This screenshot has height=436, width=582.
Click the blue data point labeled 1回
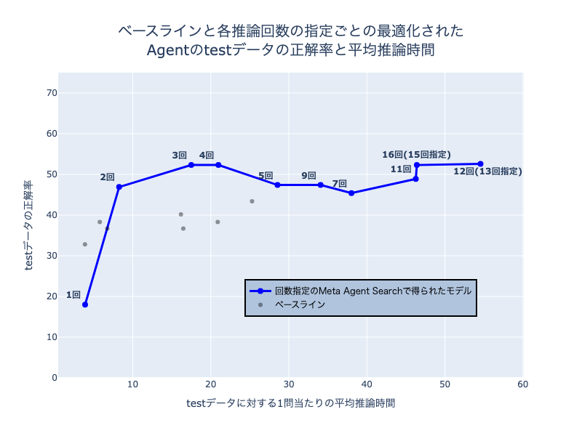pyautogui.click(x=85, y=304)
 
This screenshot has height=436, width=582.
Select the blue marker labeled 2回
pyautogui.click(x=119, y=187)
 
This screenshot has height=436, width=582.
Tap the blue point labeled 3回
pyautogui.click(x=191, y=165)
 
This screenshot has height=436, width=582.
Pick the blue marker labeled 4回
pyautogui.click(x=218, y=165)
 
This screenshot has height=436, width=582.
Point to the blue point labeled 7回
pyautogui.click(x=351, y=193)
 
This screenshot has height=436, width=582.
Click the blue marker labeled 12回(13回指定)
pyautogui.click(x=480, y=164)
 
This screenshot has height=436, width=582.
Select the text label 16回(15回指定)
pyautogui.click(x=416, y=155)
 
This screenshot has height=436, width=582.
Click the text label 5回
pyautogui.click(x=266, y=176)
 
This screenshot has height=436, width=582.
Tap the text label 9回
pyautogui.click(x=308, y=176)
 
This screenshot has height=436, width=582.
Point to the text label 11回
pyautogui.click(x=401, y=169)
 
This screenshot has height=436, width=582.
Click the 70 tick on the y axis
pyautogui.click(x=52, y=93)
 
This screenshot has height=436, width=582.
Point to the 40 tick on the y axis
pyautogui.click(x=52, y=215)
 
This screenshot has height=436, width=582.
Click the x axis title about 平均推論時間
pyautogui.click(x=291, y=403)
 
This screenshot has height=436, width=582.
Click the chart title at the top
pyautogui.click(x=291, y=41)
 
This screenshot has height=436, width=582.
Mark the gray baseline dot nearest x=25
pyautogui.click(x=252, y=201)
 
